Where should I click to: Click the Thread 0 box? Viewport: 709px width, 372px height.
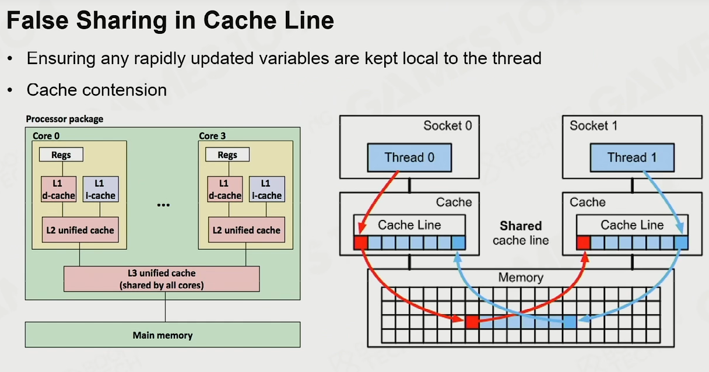tap(409, 157)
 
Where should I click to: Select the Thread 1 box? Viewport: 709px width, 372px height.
tap(632, 157)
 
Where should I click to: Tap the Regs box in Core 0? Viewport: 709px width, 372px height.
tap(61, 155)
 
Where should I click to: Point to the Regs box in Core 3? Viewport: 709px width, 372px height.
tap(227, 155)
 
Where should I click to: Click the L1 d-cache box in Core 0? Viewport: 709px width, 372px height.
tap(58, 189)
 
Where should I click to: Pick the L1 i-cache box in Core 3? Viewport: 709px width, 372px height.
tap(267, 189)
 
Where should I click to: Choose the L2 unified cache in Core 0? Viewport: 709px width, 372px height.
tap(80, 230)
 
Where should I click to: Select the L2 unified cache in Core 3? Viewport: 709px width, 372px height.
tap(246, 230)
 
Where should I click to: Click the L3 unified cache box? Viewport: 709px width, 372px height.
tap(162, 279)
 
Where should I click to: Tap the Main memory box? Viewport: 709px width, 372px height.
tap(163, 335)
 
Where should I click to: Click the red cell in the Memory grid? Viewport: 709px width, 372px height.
tap(472, 322)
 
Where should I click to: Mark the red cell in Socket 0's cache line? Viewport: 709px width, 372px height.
tap(361, 243)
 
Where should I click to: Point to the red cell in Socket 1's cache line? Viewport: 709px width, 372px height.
tap(584, 243)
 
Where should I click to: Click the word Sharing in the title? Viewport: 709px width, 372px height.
tap(121, 21)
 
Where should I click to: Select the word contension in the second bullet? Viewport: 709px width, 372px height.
tap(124, 90)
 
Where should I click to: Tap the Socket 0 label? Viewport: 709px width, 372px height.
tap(448, 126)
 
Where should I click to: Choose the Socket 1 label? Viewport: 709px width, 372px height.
tap(594, 126)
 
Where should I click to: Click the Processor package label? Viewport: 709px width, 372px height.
tap(65, 119)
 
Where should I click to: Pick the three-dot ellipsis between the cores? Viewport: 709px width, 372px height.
tap(163, 205)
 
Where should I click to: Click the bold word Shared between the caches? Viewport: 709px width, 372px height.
tap(521, 226)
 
